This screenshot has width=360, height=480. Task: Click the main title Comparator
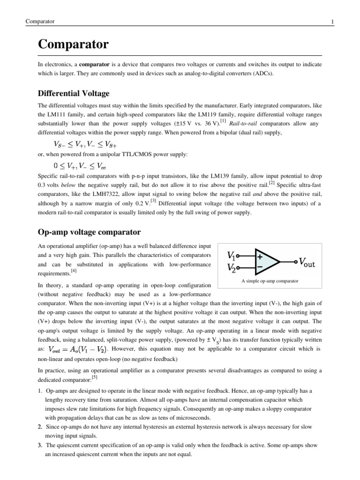pos(73,45)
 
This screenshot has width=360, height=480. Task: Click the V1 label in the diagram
pos(231,256)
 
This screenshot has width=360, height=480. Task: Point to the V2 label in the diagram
pos(232,268)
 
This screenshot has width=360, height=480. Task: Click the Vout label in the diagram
pos(307,262)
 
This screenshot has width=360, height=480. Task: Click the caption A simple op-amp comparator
pos(270,281)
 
